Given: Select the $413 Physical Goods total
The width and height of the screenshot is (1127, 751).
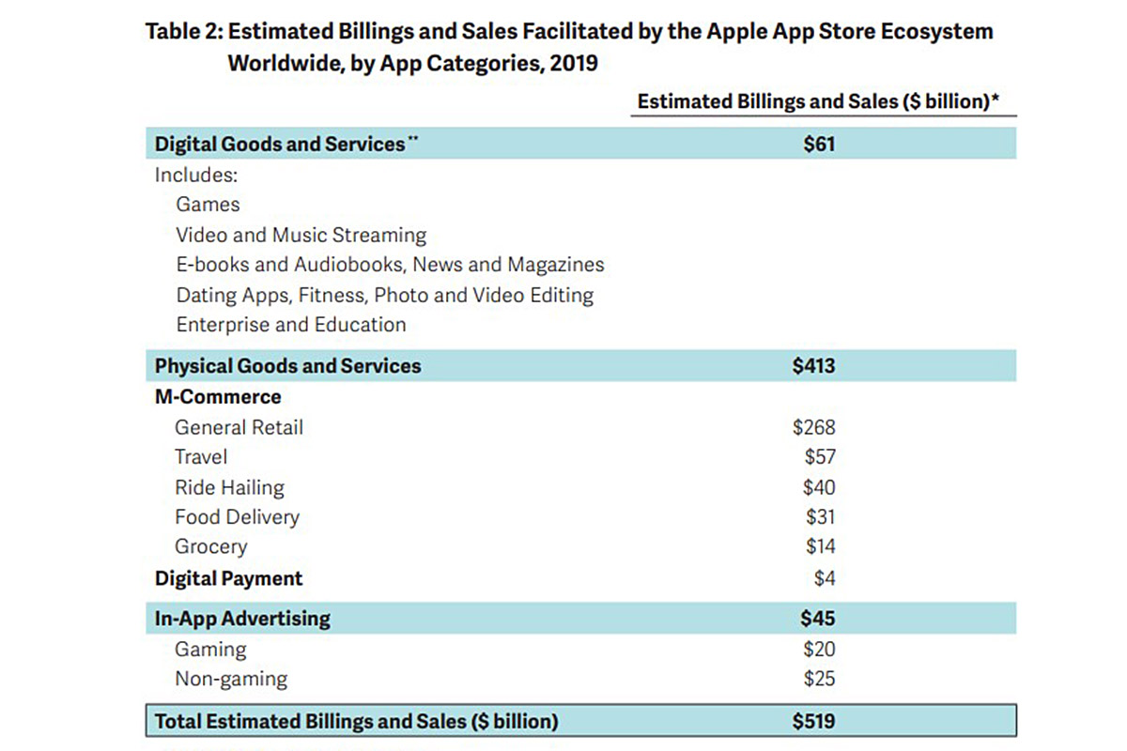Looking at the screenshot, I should [813, 366].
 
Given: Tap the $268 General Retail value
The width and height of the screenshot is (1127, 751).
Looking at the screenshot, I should [813, 428].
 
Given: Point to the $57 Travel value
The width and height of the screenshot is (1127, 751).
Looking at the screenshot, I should [820, 457].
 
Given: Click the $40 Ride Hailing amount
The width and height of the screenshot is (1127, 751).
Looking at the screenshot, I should [819, 487].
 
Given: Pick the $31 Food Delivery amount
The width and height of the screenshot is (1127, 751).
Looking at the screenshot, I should [820, 517].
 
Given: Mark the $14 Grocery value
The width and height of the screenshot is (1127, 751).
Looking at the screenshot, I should [820, 547].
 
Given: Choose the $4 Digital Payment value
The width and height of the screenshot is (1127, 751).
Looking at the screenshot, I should [824, 578].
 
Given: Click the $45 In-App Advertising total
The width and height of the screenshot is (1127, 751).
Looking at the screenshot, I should [817, 619].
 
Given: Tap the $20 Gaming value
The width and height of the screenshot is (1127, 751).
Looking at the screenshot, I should [819, 649].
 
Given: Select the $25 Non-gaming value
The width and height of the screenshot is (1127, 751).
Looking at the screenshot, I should [819, 679].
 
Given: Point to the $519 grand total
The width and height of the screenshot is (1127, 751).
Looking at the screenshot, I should [813, 721].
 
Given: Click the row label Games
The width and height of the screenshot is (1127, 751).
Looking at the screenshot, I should [208, 205].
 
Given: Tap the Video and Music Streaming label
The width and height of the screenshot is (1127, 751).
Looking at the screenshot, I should [301, 235].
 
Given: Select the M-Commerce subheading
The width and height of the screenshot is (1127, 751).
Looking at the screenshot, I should [218, 397].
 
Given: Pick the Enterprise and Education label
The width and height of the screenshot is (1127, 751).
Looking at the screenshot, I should [291, 325].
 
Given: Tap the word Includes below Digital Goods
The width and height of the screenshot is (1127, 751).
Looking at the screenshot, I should [196, 175].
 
